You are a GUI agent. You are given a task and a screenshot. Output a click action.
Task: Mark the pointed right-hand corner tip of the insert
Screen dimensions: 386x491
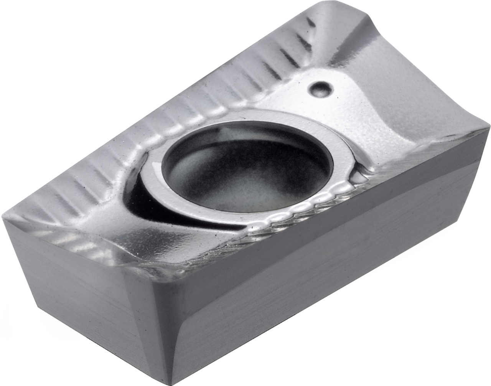tap(488, 132)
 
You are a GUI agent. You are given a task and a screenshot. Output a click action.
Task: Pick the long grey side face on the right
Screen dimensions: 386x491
tap(326, 276)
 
